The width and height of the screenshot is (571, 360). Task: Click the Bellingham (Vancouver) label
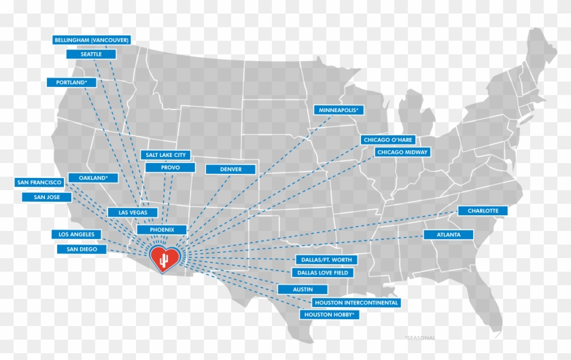92,40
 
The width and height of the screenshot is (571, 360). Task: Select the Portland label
71,82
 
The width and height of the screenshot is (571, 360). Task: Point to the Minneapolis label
339,109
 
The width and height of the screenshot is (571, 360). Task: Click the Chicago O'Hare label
387,139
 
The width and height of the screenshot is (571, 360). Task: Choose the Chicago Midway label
402,152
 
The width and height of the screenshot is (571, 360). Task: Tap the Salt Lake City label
165,155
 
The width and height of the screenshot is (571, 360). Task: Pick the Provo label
170,167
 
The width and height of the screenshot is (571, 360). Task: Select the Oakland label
94,178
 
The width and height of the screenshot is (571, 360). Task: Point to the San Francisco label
40,183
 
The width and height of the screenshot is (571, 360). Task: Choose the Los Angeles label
76,234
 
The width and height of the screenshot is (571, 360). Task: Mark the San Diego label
82,249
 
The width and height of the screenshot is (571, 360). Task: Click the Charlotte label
483,211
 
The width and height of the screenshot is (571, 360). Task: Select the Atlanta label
450,234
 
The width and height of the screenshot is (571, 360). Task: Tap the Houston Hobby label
330,314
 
